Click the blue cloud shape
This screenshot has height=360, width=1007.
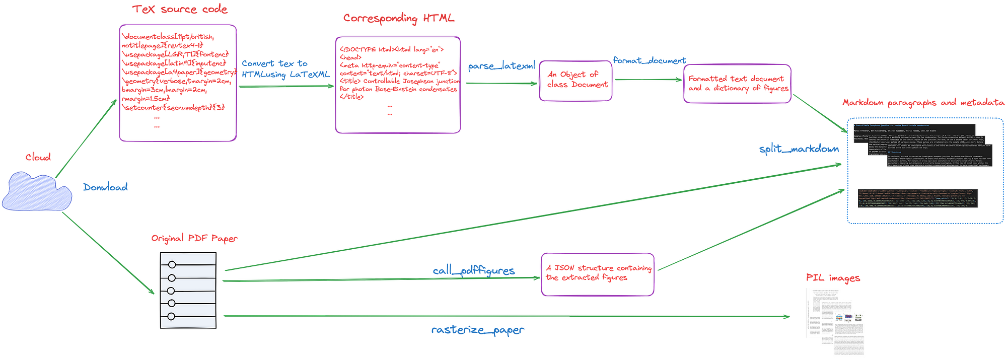[36, 192]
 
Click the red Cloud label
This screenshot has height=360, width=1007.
[38, 158]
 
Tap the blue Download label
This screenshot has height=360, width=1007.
[105, 187]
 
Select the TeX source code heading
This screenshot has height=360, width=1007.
[180, 10]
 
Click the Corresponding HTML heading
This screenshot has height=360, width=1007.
[399, 19]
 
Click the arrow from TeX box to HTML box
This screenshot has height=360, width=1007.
[286, 87]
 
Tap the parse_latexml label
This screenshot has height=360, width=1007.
[500, 66]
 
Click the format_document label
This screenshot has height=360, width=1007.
[649, 60]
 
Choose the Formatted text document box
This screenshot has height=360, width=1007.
[737, 84]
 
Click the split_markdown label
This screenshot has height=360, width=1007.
[799, 149]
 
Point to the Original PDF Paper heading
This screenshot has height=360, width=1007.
[194, 238]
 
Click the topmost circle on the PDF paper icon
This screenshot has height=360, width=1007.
[172, 265]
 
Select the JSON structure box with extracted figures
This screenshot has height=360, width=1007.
[598, 273]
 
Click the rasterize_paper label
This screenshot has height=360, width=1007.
[477, 330]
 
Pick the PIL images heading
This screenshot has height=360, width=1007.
[832, 277]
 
